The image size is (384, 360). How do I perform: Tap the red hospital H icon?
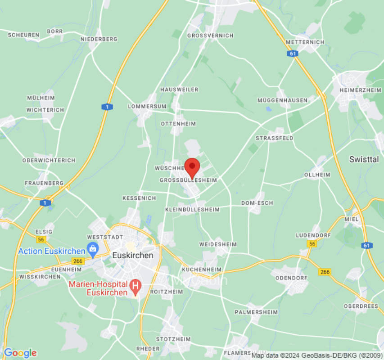[x=134, y=285]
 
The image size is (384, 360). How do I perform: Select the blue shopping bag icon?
[x=93, y=248]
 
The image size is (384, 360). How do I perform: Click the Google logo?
[x=20, y=353]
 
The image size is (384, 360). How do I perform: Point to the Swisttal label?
[x=364, y=159]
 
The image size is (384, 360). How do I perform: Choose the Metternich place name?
[x=305, y=42]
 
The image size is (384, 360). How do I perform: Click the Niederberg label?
[x=99, y=39]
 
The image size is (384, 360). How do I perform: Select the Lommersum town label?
[x=147, y=106]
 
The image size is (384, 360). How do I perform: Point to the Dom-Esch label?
[x=257, y=203]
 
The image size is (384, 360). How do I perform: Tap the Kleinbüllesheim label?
[x=192, y=210]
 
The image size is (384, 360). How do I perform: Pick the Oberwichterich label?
[x=49, y=160]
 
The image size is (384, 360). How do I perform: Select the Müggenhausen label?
[x=282, y=100]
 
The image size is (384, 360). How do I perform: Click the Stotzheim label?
[x=173, y=339]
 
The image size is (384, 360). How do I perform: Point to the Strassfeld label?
[x=274, y=138]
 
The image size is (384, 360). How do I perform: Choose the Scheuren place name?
[x=23, y=35]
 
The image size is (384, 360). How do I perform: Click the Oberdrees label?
[x=361, y=306]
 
